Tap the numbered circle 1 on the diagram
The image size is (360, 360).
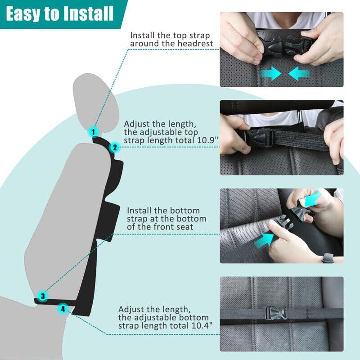[93, 132]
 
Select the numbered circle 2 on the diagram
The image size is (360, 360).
[114, 147]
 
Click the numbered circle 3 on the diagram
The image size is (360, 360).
[42, 296]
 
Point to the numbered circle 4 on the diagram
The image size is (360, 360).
[63, 309]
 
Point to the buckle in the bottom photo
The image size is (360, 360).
[274, 312]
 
